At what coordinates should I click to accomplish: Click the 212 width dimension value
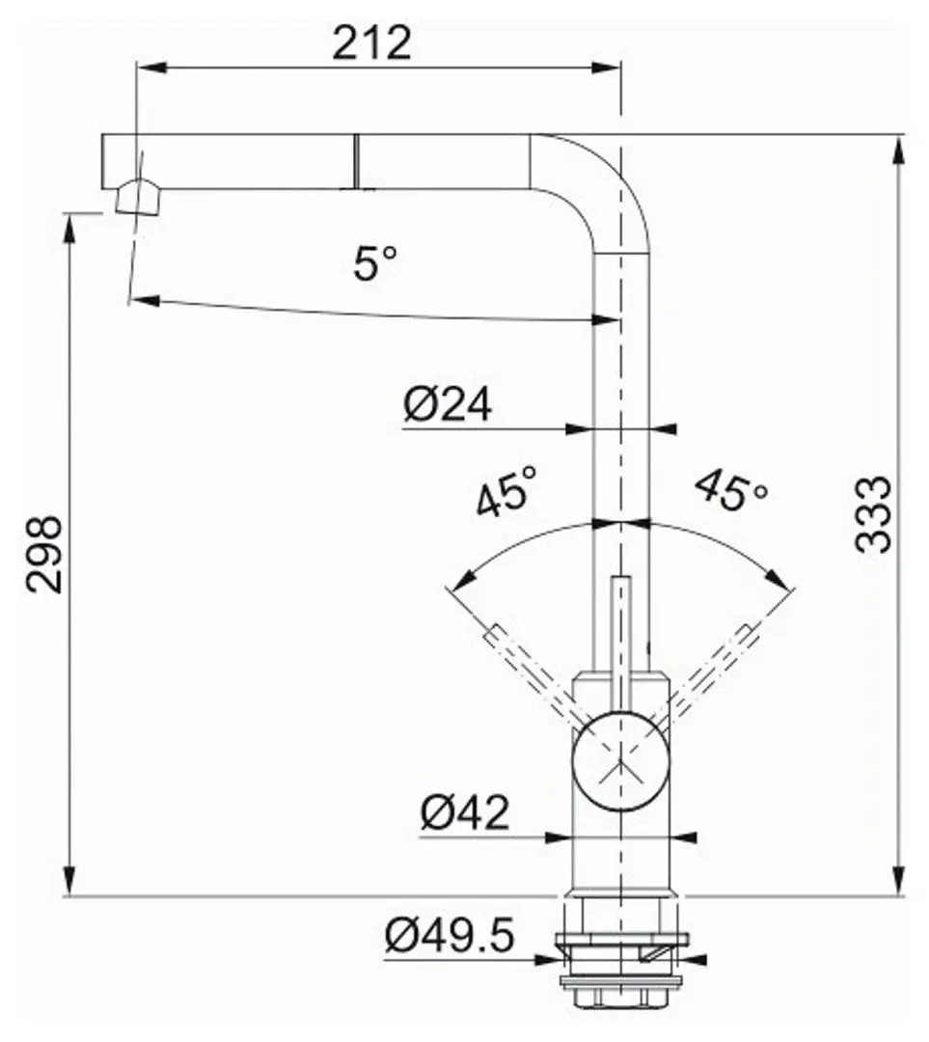coord(371,42)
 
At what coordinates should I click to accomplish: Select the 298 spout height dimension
coord(44,554)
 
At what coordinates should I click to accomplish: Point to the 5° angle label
coord(374,262)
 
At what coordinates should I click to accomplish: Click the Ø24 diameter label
coord(448,405)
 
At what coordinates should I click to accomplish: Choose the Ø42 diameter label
coord(464,813)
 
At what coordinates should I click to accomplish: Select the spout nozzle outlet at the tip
coord(136,198)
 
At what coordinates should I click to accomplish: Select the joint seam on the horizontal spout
coord(357,161)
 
